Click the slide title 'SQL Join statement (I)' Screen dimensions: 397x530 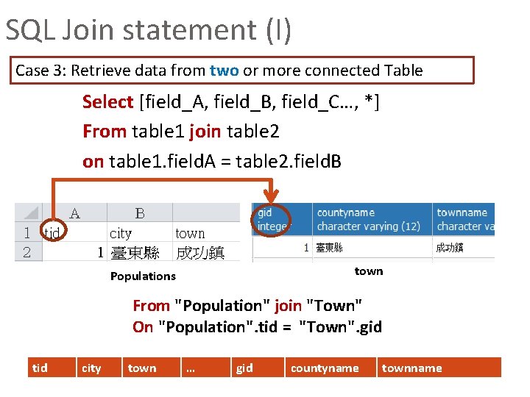pyautogui.click(x=149, y=30)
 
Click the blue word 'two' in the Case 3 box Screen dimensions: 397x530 pyautogui.click(x=224, y=71)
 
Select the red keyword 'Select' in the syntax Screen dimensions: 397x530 pyautogui.click(x=108, y=101)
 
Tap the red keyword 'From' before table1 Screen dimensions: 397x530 pyautogui.click(x=105, y=132)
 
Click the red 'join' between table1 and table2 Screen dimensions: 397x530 pyautogui.click(x=205, y=132)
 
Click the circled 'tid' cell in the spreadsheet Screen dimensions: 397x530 pyautogui.click(x=52, y=233)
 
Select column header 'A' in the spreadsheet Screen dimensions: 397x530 pyautogui.click(x=74, y=214)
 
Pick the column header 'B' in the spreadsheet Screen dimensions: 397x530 pyautogui.click(x=140, y=214)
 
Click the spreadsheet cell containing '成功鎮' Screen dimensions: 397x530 pyautogui.click(x=199, y=253)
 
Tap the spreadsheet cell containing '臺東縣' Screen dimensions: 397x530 pyautogui.click(x=135, y=253)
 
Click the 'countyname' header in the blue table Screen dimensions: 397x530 pyautogui.click(x=346, y=212)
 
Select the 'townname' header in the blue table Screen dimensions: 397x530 pyautogui.click(x=462, y=212)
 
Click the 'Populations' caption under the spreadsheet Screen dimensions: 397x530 pyautogui.click(x=143, y=276)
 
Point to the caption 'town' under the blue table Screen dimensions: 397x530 pyautogui.click(x=369, y=271)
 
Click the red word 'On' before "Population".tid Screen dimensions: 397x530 pyautogui.click(x=143, y=326)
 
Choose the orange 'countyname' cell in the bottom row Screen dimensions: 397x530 pyautogui.click(x=325, y=368)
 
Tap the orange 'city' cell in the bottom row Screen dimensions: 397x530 pyautogui.click(x=91, y=368)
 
